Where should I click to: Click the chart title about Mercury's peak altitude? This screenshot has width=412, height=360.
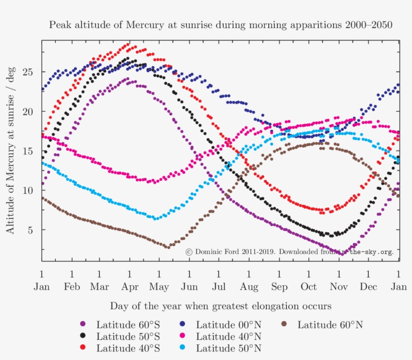pyautogui.click(x=220, y=25)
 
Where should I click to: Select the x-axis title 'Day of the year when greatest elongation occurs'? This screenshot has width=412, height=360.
pyautogui.click(x=221, y=306)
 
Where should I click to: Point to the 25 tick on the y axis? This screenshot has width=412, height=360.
pyautogui.click(x=31, y=72)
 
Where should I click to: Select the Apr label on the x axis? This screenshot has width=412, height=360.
pyautogui.click(x=130, y=287)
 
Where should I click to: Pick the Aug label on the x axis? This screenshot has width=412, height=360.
pyautogui.click(x=249, y=287)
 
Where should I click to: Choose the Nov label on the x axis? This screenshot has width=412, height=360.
pyautogui.click(x=339, y=287)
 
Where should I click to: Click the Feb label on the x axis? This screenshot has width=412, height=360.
pyautogui.click(x=72, y=287)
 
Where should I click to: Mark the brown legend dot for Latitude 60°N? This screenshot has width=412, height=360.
pyautogui.click(x=284, y=325)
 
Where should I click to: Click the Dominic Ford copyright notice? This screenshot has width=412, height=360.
pyautogui.click(x=289, y=252)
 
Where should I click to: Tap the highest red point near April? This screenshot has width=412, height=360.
pyautogui.click(x=128, y=45)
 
